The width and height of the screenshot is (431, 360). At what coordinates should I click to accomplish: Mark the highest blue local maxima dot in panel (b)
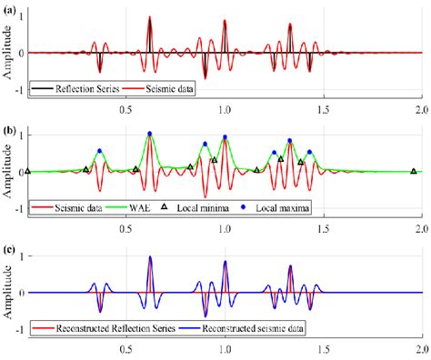pyautogui.click(x=149, y=134)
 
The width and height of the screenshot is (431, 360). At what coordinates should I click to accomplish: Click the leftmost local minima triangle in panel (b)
pyautogui.click(x=27, y=171)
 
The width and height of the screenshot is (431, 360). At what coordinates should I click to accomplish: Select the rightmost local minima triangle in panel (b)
pyautogui.click(x=413, y=171)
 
